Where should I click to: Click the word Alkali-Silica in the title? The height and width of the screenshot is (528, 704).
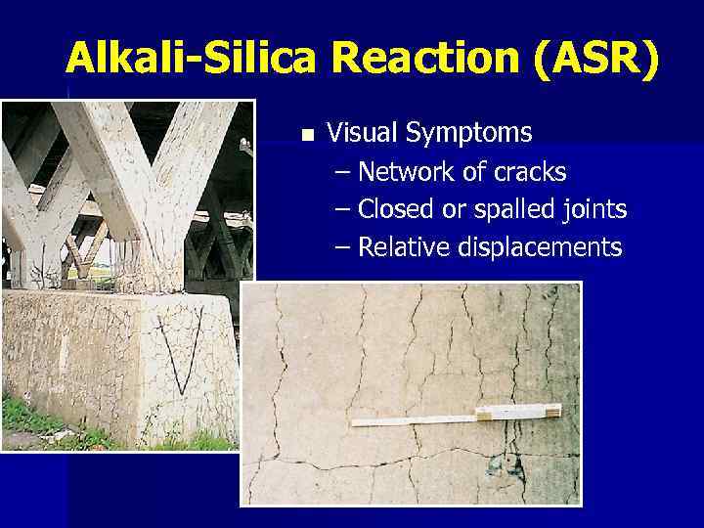tap(191, 61)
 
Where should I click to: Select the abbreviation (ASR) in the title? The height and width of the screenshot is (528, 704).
tap(597, 61)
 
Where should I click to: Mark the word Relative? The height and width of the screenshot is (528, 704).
tap(402, 247)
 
